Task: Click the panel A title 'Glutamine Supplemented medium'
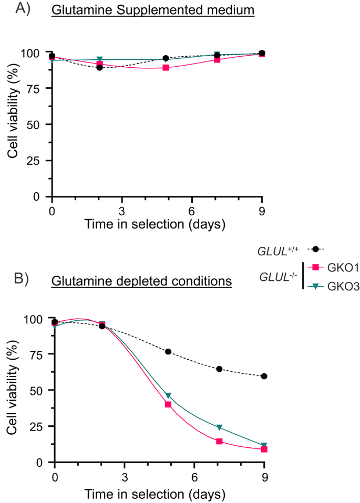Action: [x=152, y=11]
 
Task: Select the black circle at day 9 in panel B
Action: [x=264, y=376]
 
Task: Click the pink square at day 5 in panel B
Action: [x=168, y=404]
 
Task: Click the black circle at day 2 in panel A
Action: [x=99, y=67]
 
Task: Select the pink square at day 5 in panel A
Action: [x=166, y=68]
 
